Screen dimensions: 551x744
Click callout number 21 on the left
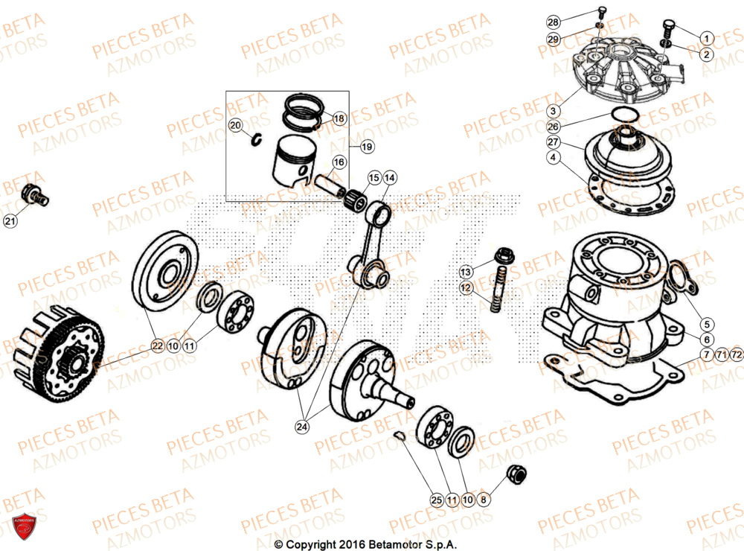[x=9, y=220]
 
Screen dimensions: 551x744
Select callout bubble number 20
[x=235, y=126]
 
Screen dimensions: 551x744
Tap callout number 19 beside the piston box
[x=366, y=147]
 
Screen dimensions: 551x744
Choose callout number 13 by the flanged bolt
[x=465, y=270]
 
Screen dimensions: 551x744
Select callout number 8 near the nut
[x=484, y=500]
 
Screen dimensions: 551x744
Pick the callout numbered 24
[x=301, y=427]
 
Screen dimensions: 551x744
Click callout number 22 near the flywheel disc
[x=157, y=345]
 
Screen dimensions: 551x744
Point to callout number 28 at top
[x=573, y=21]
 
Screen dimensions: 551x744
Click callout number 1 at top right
[x=705, y=36]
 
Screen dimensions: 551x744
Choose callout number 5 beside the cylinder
[x=705, y=324]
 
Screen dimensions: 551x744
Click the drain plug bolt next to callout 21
[x=35, y=194]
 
